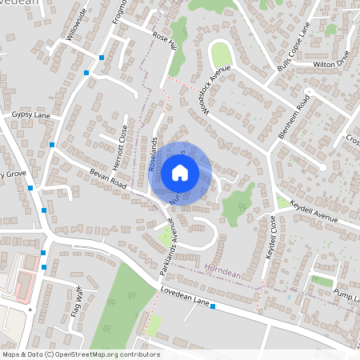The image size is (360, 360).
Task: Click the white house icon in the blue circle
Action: click(x=180, y=172)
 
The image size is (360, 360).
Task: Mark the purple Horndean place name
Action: click(x=222, y=268)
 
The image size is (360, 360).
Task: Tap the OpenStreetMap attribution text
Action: click(x=81, y=354)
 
